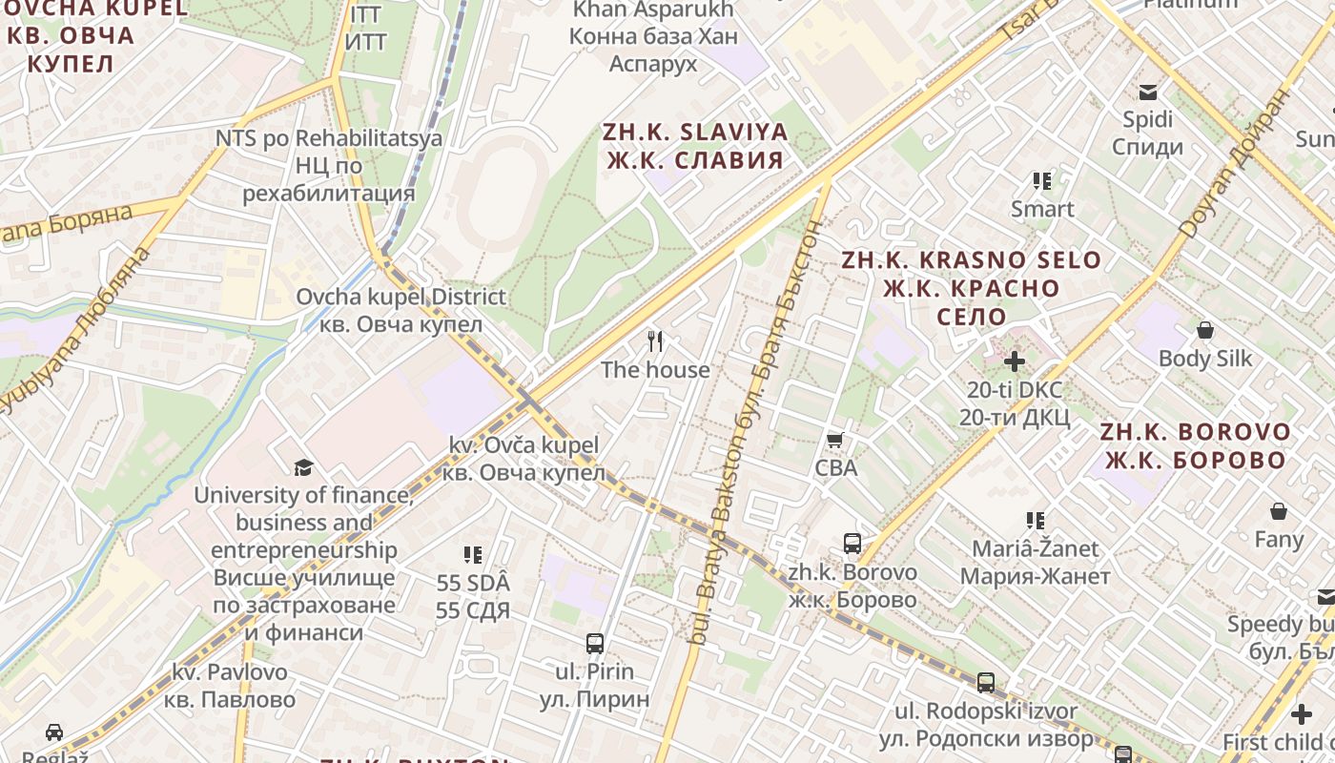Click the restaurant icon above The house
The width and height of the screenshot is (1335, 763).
655,341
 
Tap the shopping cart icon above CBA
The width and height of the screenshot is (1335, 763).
835,440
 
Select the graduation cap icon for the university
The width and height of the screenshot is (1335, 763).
303,467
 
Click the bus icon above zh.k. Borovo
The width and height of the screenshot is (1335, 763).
852,544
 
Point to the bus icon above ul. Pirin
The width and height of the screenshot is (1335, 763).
595,644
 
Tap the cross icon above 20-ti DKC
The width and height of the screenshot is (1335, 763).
1015,361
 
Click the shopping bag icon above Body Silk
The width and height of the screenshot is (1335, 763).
1205,331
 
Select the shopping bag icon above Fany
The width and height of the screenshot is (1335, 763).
1279,511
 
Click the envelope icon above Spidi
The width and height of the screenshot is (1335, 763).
1147,93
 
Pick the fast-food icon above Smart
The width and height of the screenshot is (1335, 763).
1042,180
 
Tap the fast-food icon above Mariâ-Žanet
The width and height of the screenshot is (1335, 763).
1036,521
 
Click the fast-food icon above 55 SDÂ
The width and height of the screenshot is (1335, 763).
472,554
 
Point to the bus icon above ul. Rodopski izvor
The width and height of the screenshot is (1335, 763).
986,683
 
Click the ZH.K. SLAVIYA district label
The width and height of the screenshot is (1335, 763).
695,146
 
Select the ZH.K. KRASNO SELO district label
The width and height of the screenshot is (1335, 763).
971,287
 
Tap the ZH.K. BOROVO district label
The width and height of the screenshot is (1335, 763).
1195,445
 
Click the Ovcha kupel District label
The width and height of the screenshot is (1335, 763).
400,310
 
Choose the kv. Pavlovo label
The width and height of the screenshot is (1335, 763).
230,686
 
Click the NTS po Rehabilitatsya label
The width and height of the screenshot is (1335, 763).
329,166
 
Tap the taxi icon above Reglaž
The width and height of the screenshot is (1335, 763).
54,732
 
